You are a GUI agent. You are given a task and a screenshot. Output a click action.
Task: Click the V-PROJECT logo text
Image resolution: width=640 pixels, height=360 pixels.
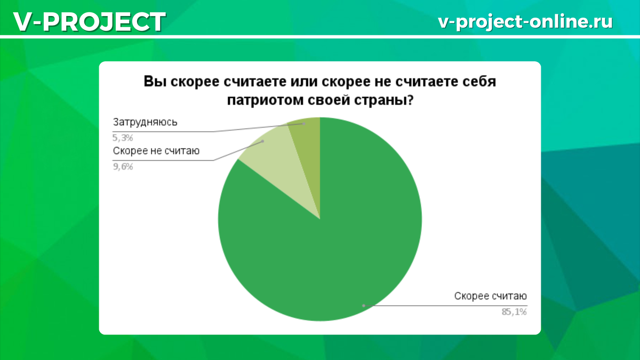coord(89,22)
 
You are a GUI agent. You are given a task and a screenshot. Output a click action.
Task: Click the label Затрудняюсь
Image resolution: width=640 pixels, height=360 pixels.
coord(145,122)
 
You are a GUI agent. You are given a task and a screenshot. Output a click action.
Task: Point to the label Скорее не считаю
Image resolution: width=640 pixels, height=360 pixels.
coord(156,151)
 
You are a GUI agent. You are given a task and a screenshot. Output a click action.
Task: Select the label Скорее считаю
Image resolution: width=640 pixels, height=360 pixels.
coord(491,296)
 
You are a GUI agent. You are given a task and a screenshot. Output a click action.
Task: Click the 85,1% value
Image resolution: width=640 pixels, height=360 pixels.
coord(514,312)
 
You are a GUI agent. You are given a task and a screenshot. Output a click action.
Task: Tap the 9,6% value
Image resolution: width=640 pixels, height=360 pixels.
coord(123,166)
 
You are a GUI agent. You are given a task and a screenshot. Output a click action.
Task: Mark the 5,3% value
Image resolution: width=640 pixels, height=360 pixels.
coord(123,138)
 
